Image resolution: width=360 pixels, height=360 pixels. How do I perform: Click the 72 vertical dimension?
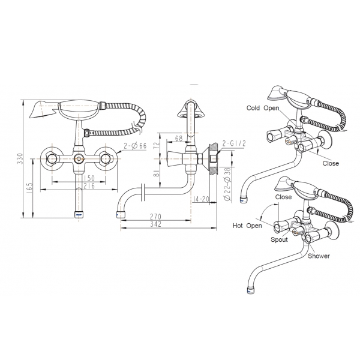click(156, 146)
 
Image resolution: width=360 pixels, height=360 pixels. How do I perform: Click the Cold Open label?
click(263, 109)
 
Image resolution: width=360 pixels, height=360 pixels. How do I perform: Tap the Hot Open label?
click(248, 226)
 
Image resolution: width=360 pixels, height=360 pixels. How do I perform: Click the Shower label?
click(318, 256)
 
